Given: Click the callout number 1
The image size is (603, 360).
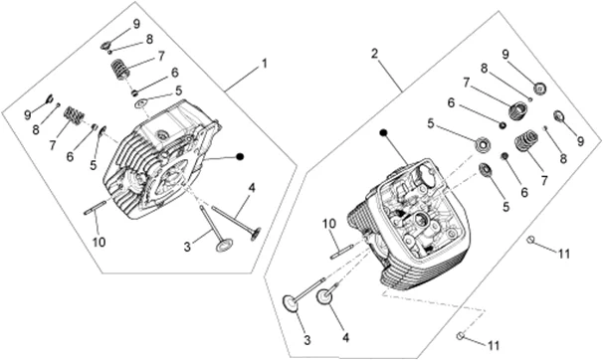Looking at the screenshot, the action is [x=265, y=64].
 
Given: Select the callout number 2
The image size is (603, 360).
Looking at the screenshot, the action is [x=375, y=54].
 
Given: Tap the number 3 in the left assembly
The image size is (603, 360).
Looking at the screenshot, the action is [x=187, y=247].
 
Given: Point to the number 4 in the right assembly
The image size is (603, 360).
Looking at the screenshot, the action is [x=345, y=338].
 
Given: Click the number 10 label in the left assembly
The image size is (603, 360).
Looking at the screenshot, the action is [x=99, y=242].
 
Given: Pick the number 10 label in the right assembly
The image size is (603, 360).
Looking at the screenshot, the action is [x=329, y=223].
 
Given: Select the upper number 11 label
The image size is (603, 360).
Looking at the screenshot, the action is [x=564, y=254].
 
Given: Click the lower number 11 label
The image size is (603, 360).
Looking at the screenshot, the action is [x=494, y=345].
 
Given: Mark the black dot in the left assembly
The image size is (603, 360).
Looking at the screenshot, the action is [x=240, y=156].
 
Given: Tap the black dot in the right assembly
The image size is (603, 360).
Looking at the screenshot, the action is [x=383, y=133].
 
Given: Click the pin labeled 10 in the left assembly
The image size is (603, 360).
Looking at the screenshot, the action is [x=95, y=208].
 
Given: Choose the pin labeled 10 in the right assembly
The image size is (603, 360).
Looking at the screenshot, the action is [x=340, y=252].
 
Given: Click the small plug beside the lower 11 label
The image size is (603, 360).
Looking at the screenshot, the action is [x=460, y=336].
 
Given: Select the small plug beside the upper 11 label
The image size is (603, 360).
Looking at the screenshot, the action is [x=530, y=240].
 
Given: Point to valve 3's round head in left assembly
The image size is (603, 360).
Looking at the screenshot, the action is [x=224, y=245].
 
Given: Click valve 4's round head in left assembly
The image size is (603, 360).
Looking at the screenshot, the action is [x=256, y=234].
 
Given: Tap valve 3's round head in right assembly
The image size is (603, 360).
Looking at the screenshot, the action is [x=292, y=303].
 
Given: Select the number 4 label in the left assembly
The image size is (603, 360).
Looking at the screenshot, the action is [x=252, y=188].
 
